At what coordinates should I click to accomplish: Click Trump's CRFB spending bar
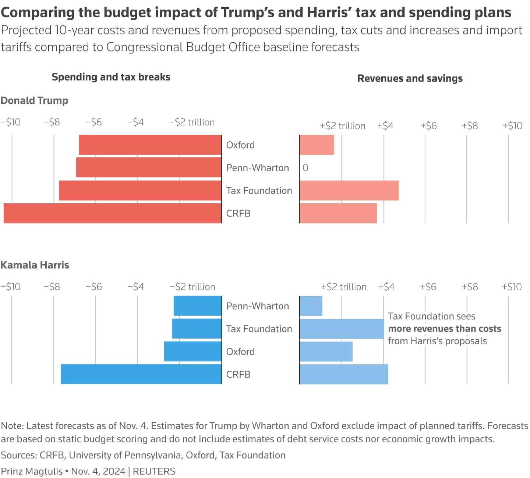(x=113, y=213)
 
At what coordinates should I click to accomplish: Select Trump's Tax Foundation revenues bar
(x=349, y=190)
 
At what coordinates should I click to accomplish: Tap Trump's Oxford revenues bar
(x=317, y=145)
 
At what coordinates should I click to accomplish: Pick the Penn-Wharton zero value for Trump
(x=305, y=168)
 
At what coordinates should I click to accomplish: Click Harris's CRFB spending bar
(x=141, y=374)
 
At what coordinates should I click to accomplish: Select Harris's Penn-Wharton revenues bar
(x=311, y=306)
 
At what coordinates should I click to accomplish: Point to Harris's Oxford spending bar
(x=193, y=352)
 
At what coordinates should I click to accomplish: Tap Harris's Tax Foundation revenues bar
(x=342, y=329)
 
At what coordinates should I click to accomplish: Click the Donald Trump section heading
(x=35, y=100)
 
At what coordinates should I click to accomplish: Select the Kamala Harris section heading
(x=35, y=265)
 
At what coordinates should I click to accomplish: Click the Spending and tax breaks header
(x=111, y=77)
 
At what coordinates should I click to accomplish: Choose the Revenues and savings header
(x=410, y=78)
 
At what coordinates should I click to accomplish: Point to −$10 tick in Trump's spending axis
(x=11, y=122)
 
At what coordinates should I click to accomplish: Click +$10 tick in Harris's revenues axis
(x=512, y=287)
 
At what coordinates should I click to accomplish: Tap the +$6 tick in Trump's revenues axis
(x=428, y=126)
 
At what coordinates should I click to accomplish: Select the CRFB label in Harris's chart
(x=238, y=374)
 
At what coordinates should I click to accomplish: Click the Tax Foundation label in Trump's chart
(x=259, y=190)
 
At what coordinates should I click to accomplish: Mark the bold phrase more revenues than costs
(x=445, y=329)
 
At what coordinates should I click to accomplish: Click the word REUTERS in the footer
(x=154, y=471)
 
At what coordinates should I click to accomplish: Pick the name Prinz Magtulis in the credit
(x=32, y=471)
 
